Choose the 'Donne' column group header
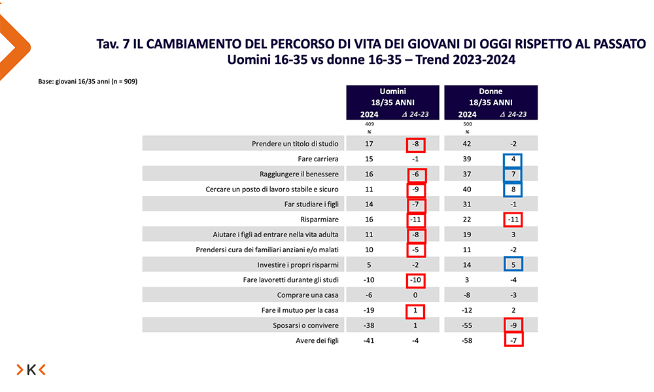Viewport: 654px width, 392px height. pyautogui.click(x=490, y=91)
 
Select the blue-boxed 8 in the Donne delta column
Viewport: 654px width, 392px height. pyautogui.click(x=513, y=189)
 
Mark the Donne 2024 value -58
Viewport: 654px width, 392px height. pyautogui.click(x=468, y=340)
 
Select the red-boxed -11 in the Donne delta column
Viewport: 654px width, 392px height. pyautogui.click(x=513, y=220)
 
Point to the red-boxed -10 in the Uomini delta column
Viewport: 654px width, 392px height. pyautogui.click(x=416, y=280)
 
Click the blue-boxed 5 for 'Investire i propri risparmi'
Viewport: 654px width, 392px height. pyautogui.click(x=513, y=265)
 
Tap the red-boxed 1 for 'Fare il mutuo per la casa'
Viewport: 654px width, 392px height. pyautogui.click(x=416, y=310)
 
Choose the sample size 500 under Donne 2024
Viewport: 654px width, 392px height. pyautogui.click(x=468, y=124)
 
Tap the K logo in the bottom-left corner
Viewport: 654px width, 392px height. pyautogui.click(x=31, y=370)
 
